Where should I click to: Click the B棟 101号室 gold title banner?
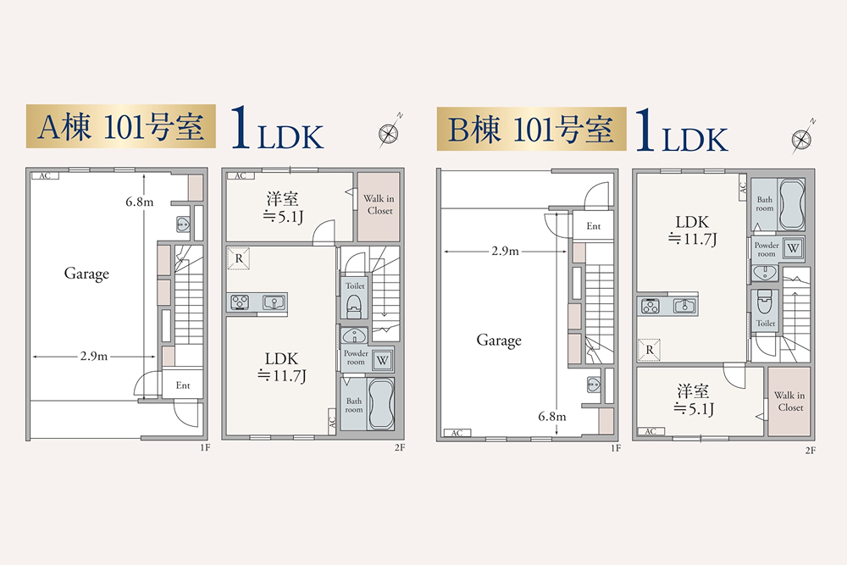[x=530, y=129]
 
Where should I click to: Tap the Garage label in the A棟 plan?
[x=86, y=274]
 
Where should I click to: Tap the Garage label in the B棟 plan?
[x=498, y=341]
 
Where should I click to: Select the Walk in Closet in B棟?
[x=789, y=401]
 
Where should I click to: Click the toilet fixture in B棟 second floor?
[x=765, y=302]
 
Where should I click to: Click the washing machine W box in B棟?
[x=793, y=248]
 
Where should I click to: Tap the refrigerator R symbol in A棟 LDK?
[x=240, y=258]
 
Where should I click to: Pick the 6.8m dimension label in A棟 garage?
[x=138, y=202]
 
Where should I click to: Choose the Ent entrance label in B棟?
[x=593, y=226]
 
